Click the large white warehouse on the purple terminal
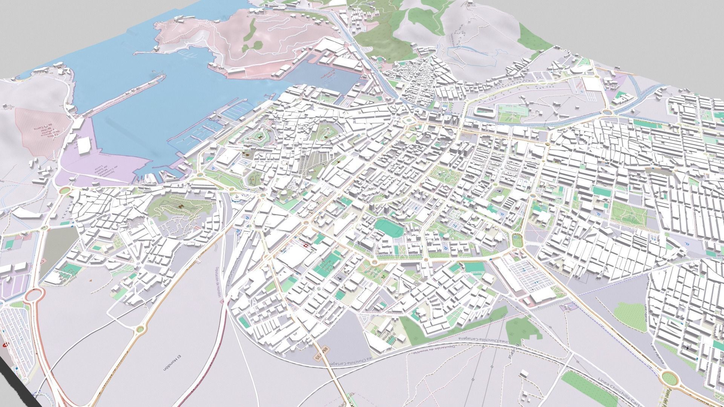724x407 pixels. [x=84, y=145]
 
